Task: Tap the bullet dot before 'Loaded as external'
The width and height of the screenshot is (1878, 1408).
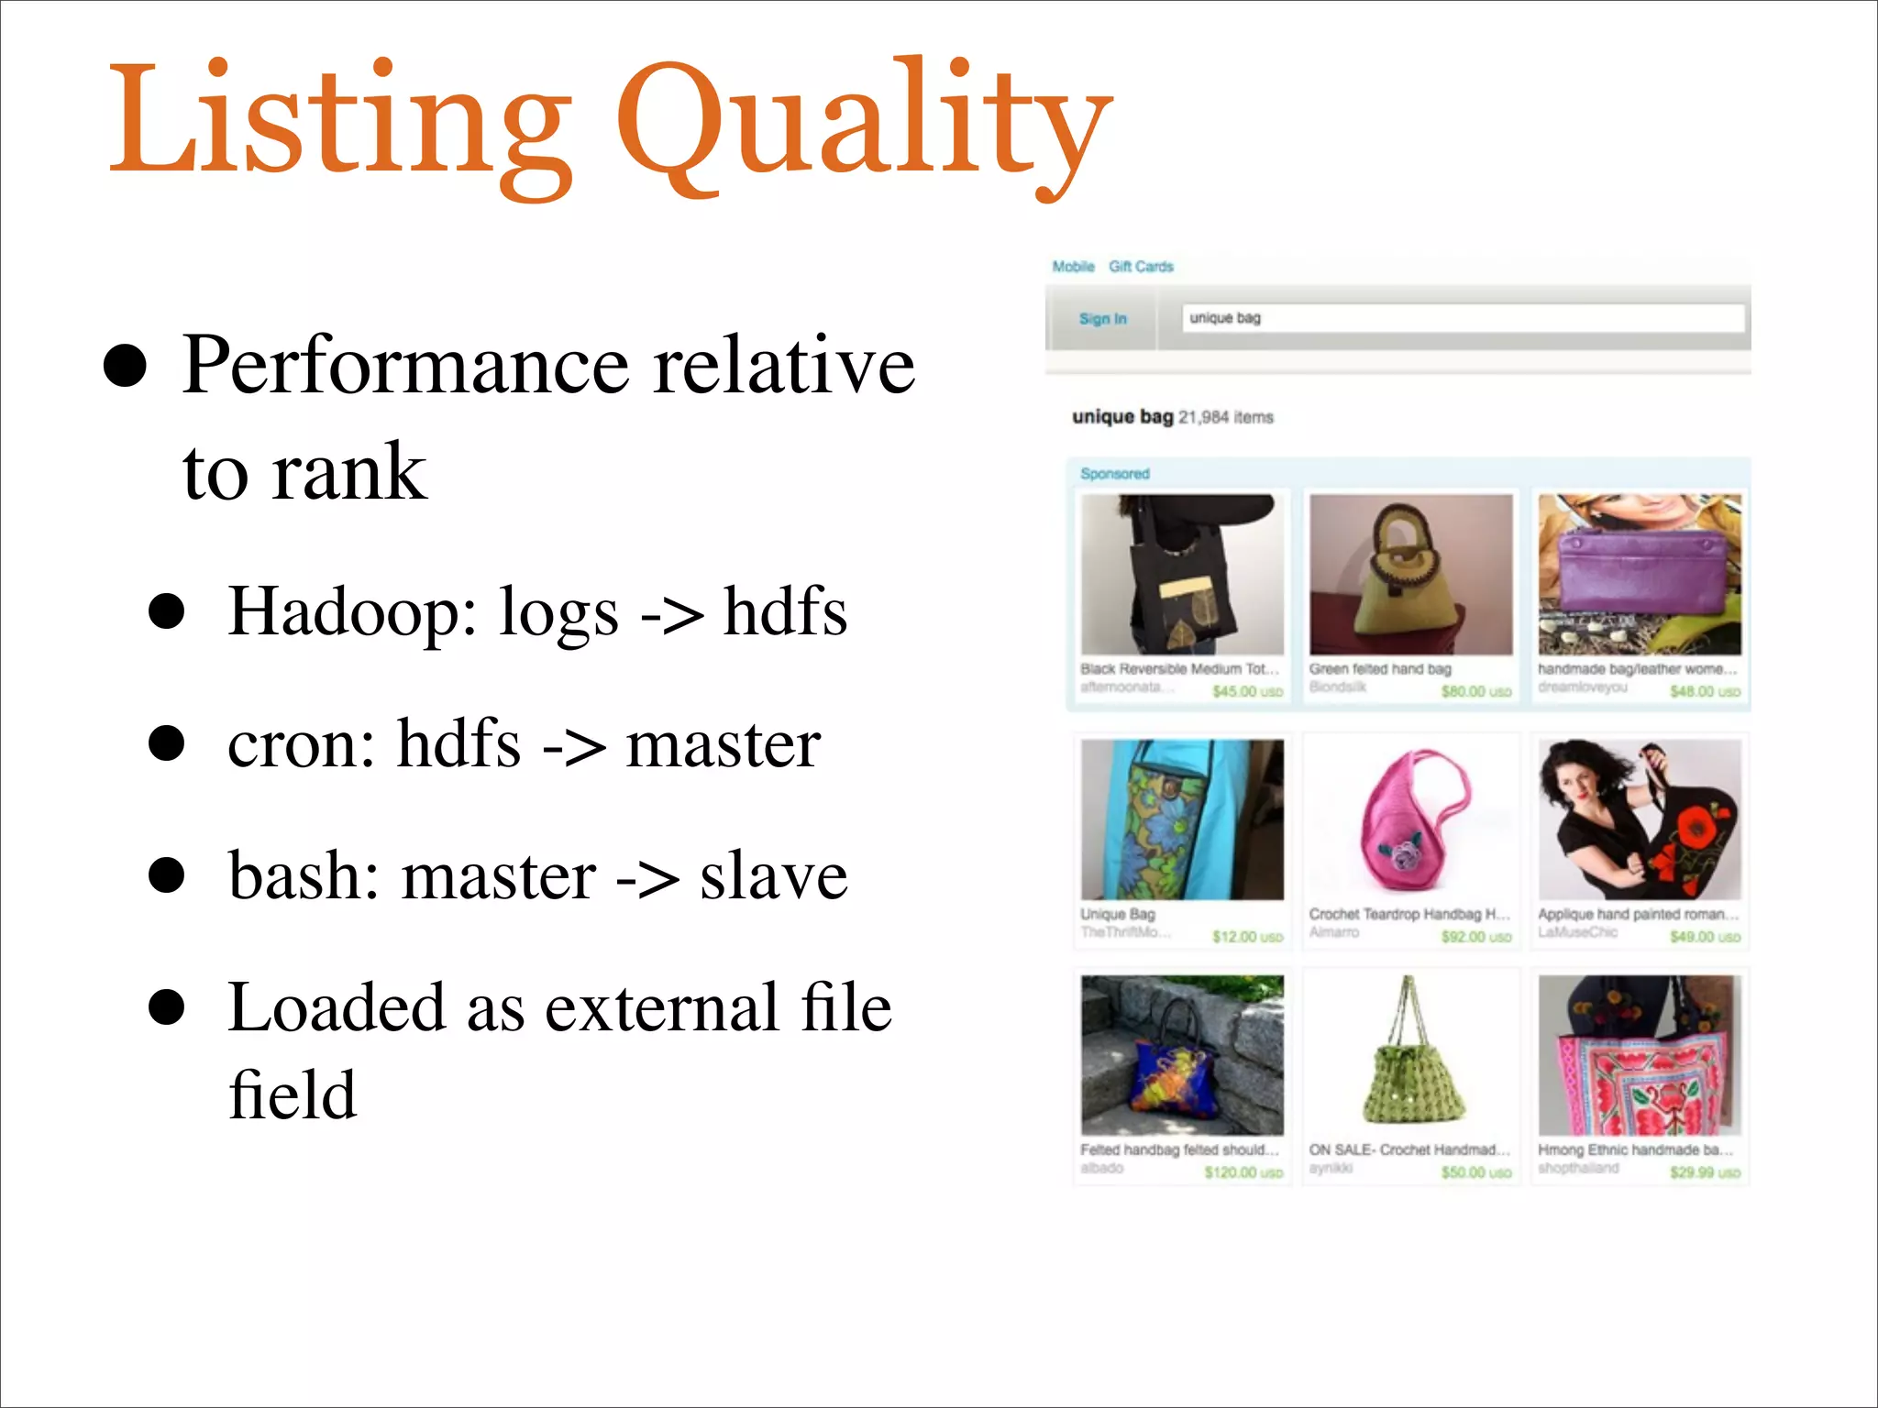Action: (167, 1006)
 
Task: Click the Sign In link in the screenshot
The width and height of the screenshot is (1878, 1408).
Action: (1102, 319)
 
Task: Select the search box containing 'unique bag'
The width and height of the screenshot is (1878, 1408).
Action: (1463, 318)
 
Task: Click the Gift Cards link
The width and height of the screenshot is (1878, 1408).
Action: (1141, 267)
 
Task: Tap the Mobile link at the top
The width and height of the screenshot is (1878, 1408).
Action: (1073, 267)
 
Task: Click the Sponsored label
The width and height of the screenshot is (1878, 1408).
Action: (1114, 474)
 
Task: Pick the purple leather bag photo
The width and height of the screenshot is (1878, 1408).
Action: (1640, 575)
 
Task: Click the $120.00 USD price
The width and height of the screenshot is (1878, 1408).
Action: (1243, 1172)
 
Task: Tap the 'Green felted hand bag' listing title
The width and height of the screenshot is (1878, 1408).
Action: (1380, 669)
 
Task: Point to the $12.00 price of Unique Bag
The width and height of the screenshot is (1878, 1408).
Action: (1246, 937)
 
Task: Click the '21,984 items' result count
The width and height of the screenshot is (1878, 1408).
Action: (1226, 418)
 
